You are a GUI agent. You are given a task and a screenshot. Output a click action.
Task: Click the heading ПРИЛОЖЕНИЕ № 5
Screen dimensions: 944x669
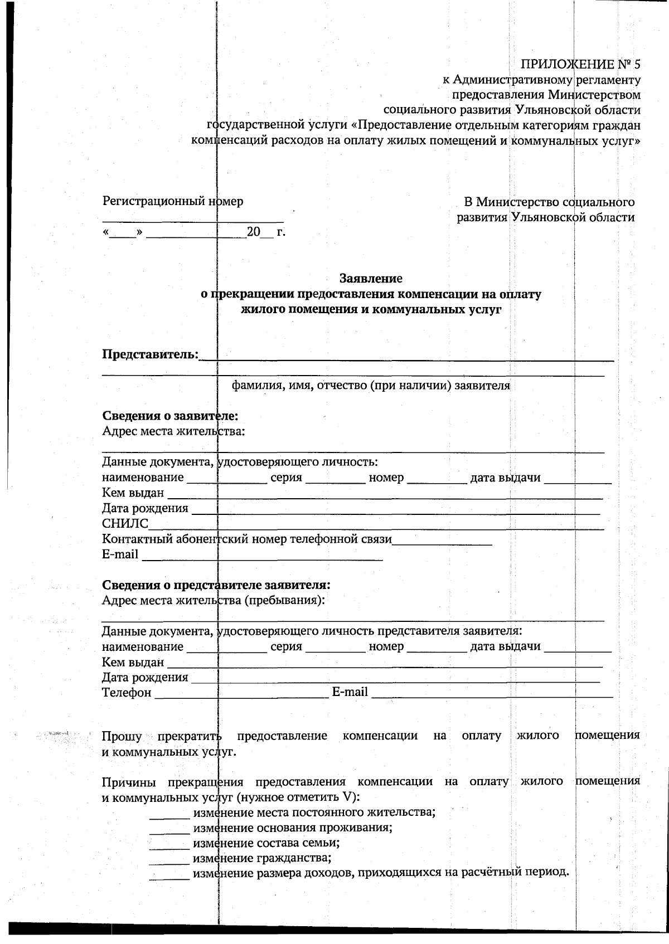click(x=580, y=65)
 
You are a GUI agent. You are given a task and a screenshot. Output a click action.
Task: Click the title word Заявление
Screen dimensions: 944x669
click(x=371, y=278)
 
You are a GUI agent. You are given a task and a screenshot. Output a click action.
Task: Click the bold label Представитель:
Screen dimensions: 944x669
click(x=151, y=354)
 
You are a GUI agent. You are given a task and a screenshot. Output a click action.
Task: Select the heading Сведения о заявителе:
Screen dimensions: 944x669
click(x=170, y=416)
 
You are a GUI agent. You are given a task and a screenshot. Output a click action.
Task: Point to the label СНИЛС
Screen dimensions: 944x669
click(x=125, y=524)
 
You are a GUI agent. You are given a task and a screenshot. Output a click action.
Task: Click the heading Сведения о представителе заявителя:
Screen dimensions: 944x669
click(x=216, y=585)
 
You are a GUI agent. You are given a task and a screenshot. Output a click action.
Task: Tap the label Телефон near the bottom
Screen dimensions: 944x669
click(x=127, y=693)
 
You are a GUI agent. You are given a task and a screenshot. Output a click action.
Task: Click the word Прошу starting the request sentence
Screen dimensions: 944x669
click(x=122, y=736)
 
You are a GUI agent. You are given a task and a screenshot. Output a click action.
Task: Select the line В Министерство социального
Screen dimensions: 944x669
click(x=549, y=202)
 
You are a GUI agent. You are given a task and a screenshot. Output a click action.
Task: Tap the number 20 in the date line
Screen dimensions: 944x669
click(x=254, y=232)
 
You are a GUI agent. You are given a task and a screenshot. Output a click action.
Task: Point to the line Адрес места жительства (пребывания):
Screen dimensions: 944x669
click(x=214, y=600)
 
